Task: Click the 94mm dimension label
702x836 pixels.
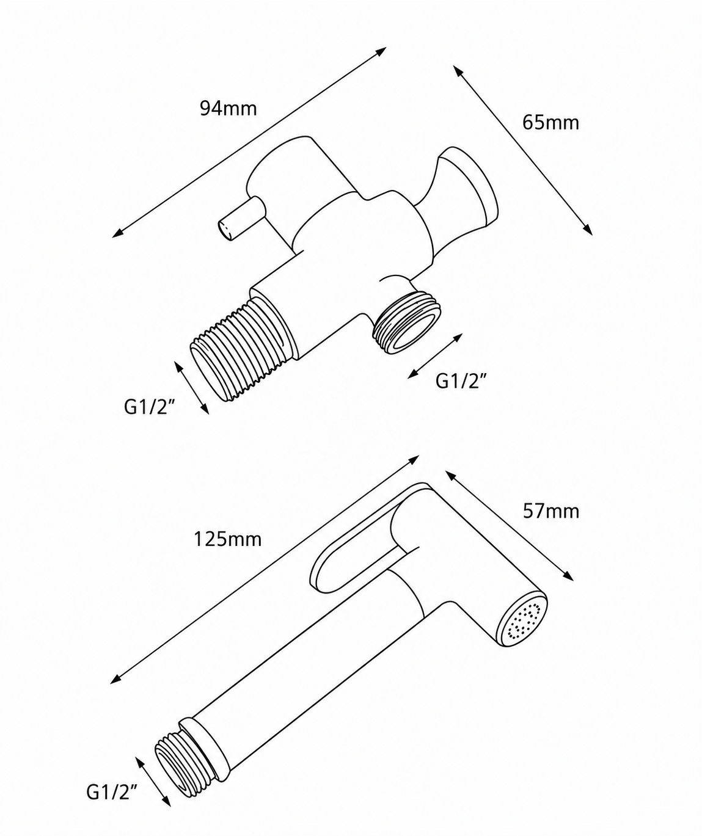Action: (229, 109)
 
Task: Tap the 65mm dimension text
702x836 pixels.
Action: (550, 123)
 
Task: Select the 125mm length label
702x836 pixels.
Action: (228, 539)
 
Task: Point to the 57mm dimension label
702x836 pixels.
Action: (551, 511)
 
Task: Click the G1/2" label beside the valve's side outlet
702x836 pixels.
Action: (461, 381)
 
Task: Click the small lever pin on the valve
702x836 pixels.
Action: (239, 219)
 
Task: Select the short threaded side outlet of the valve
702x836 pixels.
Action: (406, 321)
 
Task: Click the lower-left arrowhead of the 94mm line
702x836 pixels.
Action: (117, 234)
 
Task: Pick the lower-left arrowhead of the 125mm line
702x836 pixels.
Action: (115, 680)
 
